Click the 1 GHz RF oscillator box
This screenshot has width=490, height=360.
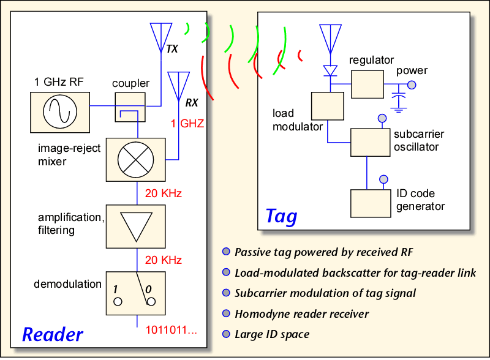pyautogui.click(x=60, y=113)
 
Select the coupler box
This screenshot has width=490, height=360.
pyautogui.click(x=130, y=107)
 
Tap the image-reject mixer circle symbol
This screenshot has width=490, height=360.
pyautogui.click(x=135, y=160)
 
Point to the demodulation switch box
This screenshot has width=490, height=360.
pyautogui.click(x=135, y=293)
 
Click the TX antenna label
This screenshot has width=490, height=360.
pyautogui.click(x=172, y=49)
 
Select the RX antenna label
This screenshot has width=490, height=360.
pyautogui.click(x=192, y=102)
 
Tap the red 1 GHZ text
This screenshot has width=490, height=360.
pyautogui.click(x=187, y=124)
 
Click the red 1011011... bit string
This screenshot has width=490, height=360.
pyautogui.click(x=171, y=329)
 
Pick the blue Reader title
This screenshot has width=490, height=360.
pyautogui.click(x=53, y=334)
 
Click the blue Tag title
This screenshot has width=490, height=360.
pyautogui.click(x=281, y=216)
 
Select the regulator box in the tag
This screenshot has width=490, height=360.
pyautogui.click(x=367, y=84)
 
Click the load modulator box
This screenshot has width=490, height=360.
pyautogui.click(x=328, y=106)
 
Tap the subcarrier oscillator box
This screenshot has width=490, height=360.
pyautogui.click(x=371, y=143)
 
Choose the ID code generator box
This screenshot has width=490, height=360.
pyautogui.click(x=371, y=203)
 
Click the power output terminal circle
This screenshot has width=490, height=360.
pyautogui.click(x=412, y=84)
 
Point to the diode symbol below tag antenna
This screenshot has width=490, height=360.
pyautogui.click(x=330, y=70)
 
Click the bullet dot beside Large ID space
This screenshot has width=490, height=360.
pyautogui.click(x=226, y=334)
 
